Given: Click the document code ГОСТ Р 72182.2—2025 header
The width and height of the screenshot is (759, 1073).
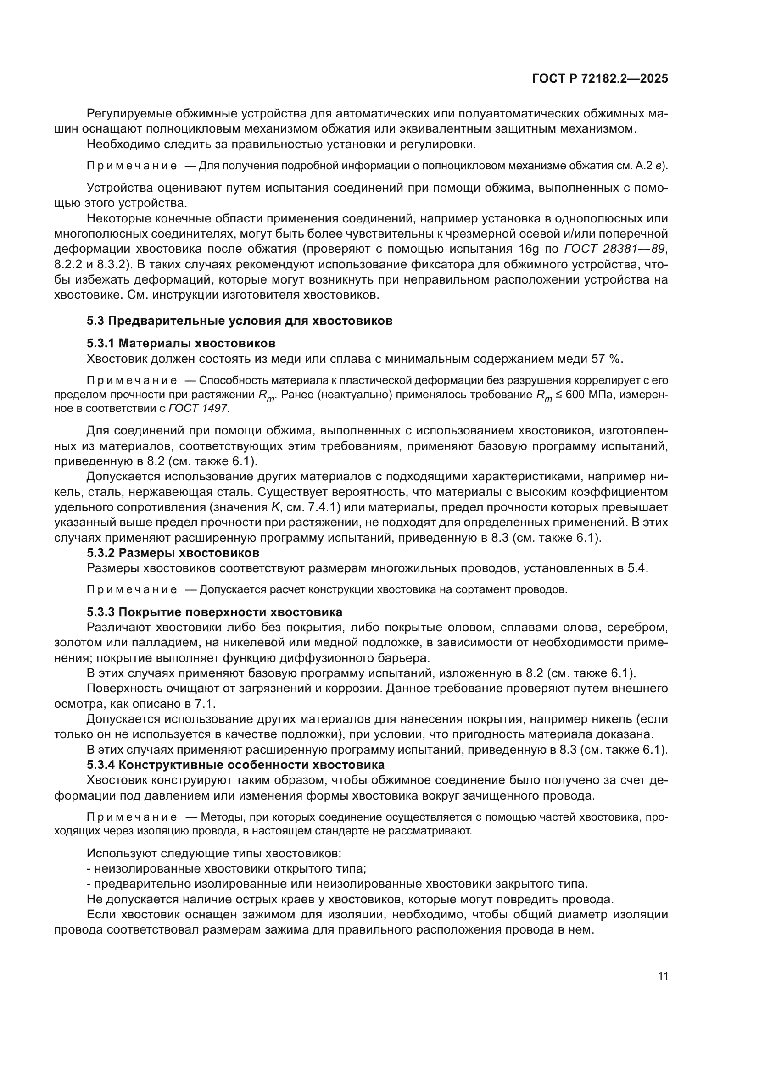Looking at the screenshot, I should click(600, 78).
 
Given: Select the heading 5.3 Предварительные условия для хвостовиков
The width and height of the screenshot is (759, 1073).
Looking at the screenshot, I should click(239, 321).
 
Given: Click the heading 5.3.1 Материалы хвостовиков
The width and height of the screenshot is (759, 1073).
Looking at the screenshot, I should click(181, 344).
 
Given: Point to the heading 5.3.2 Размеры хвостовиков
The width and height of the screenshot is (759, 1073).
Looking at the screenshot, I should click(173, 553).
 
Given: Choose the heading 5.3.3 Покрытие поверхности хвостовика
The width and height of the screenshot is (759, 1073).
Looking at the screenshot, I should click(214, 612).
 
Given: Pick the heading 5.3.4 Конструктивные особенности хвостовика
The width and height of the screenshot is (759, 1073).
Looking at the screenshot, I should click(235, 765).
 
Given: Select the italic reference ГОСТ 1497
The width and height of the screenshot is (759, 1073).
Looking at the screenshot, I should click(198, 408).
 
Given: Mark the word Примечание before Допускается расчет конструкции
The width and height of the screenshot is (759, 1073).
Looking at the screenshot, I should click(132, 590).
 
